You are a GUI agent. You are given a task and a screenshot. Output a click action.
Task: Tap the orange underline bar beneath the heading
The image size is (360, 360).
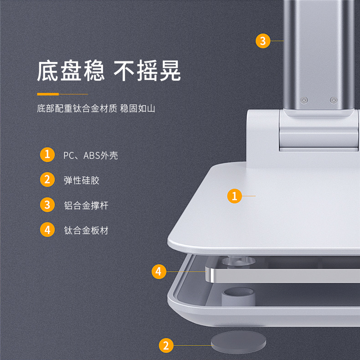tap(48, 94)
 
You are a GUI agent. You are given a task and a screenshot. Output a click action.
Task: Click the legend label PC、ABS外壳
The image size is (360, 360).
tap(91, 155)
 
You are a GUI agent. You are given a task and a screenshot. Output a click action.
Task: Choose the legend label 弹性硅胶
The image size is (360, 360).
tap(82, 180)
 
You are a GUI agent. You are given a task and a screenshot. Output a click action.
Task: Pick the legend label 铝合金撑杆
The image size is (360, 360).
tap(86, 205)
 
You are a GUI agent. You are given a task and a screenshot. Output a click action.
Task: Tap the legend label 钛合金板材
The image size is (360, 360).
tap(86, 230)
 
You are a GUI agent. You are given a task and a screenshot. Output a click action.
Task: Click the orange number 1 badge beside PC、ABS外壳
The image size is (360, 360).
tap(47, 154)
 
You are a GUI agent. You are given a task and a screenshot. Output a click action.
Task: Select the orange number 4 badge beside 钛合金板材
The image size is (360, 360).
tap(47, 230)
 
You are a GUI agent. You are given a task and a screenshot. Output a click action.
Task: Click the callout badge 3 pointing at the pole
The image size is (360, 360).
tap(262, 41)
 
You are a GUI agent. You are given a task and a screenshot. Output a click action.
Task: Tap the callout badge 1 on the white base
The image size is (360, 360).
tap(234, 196)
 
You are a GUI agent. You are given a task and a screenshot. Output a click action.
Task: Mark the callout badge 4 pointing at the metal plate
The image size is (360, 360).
tap(158, 272)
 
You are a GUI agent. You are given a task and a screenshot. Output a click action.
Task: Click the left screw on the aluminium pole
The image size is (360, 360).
tap(304, 100)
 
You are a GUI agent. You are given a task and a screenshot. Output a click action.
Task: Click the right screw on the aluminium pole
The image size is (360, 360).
tap(333, 100)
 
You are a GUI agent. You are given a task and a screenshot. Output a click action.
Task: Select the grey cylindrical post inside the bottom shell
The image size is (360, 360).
tap(237, 297)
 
